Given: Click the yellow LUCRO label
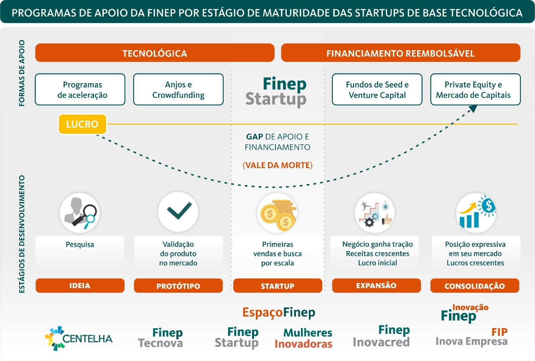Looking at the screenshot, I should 82,124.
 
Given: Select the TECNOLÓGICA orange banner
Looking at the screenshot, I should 155,53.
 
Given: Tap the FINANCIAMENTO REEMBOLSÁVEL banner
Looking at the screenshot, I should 400,53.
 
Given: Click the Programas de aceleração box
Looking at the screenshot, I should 80,90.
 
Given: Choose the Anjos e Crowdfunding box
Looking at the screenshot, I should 178,90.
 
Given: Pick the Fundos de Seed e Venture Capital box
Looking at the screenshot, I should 377,90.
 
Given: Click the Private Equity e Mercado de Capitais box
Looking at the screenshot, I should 475,90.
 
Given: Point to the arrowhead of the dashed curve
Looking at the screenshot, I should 473,109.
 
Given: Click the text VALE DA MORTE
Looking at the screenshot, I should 277,165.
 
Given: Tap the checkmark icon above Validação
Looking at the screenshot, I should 178,211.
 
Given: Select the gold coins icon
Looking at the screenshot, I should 278,213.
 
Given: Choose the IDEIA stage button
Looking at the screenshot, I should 80,286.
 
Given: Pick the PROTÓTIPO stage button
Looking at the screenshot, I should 178,286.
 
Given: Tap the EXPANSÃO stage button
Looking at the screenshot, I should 376,285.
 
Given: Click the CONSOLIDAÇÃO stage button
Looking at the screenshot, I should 475,286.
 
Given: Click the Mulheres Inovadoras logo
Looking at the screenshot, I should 303,338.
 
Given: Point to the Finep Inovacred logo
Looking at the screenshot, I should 381,336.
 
